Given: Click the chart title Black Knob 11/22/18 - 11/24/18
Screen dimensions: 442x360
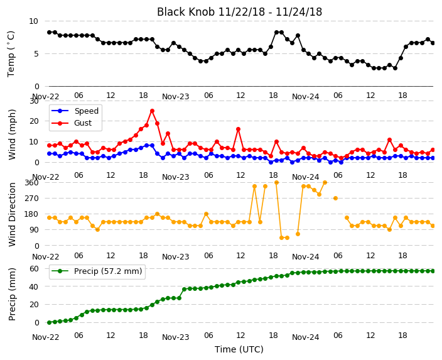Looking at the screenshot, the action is [x=239, y=12].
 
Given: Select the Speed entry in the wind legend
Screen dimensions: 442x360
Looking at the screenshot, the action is [x=75, y=111].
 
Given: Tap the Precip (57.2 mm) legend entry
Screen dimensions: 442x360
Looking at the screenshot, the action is [x=97, y=271].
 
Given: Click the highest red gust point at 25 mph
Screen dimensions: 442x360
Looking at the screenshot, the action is [x=152, y=111].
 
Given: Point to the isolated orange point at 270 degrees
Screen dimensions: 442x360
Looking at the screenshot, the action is [x=335, y=198].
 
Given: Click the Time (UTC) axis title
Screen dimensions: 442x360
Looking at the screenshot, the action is [x=239, y=349].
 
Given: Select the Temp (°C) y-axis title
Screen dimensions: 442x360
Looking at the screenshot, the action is [x=11, y=54].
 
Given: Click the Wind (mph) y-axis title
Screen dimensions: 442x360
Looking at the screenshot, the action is [x=12, y=134].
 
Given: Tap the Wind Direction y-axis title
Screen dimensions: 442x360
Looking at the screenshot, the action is [x=12, y=214].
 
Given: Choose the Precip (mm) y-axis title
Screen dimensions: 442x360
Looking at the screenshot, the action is [x=12, y=294].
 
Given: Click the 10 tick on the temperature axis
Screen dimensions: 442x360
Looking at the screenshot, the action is [x=33, y=21].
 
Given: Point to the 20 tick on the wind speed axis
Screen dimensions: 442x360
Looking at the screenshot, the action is [x=34, y=121].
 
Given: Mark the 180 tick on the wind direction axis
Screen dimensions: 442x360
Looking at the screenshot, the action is [x=32, y=214].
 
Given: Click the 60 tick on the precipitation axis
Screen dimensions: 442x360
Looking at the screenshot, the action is [x=34, y=268].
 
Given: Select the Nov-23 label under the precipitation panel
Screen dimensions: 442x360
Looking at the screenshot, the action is [x=176, y=337].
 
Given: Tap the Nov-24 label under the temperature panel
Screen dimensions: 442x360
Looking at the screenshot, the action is [x=306, y=97].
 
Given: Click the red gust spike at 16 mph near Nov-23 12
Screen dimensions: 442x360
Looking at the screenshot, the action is [x=238, y=129].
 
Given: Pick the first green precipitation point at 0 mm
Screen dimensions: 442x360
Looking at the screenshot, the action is [x=50, y=322].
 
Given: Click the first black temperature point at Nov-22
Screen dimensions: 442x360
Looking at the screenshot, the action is [x=50, y=32].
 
